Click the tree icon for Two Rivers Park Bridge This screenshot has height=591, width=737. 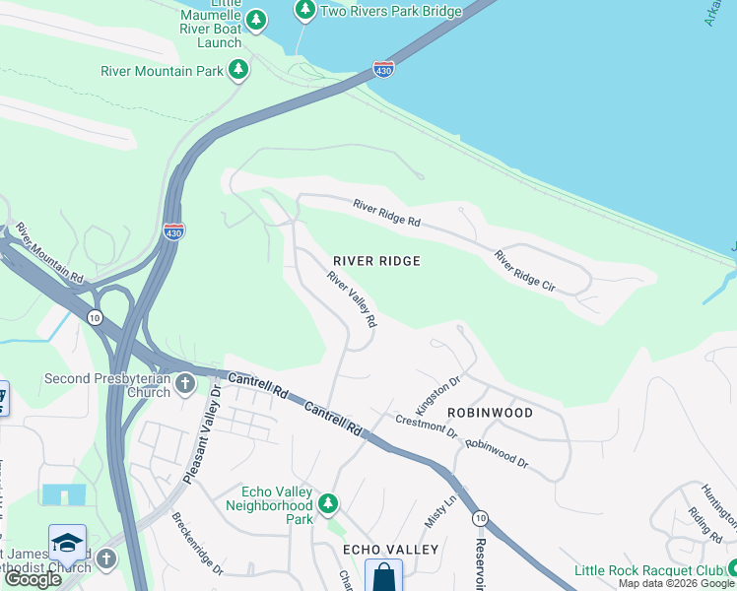305,10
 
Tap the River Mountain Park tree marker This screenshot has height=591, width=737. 237,70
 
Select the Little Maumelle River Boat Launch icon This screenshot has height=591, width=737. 256,19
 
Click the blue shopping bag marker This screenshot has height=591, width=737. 383,577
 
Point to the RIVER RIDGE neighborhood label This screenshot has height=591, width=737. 376,261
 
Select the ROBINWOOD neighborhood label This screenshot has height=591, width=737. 490,413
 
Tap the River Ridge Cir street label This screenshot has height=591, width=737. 525,271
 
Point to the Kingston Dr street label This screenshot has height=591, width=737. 438,394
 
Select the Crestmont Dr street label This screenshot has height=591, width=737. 427,427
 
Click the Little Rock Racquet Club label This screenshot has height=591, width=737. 648,572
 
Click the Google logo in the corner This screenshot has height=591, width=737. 33,579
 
